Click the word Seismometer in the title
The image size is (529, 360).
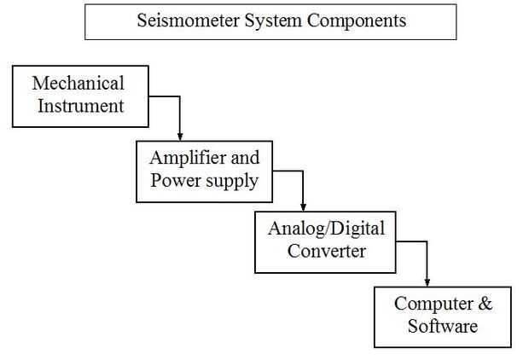(181, 21)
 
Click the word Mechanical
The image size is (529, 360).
(78, 84)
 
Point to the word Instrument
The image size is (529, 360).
(78, 106)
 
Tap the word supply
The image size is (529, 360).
(230, 182)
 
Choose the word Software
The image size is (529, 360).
(443, 326)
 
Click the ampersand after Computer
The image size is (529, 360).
(485, 304)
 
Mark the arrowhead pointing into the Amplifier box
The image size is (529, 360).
(180, 136)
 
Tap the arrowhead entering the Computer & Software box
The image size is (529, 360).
(427, 282)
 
